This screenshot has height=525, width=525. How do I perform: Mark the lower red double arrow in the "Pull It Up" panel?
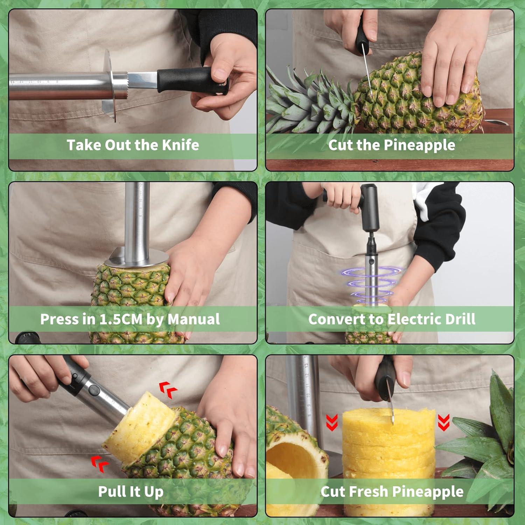click(x=100, y=464)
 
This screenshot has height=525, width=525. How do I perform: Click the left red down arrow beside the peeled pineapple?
click(x=332, y=422)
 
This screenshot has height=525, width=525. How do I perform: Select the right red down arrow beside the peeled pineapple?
click(x=444, y=422)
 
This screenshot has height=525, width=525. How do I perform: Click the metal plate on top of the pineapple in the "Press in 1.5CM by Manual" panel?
click(x=136, y=259)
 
